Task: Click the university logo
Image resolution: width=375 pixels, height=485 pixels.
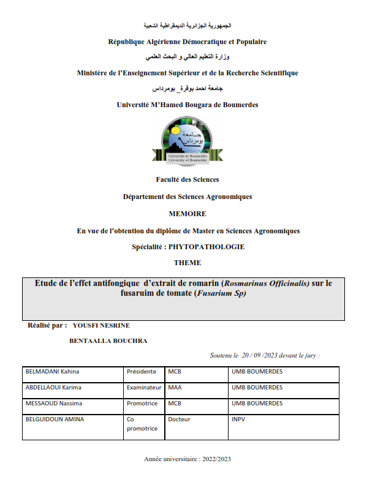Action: click(x=187, y=140)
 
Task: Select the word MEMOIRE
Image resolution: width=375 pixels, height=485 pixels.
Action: click(x=187, y=214)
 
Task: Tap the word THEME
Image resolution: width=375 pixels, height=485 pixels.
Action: click(x=187, y=263)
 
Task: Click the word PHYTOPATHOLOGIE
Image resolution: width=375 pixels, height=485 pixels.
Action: click(x=210, y=247)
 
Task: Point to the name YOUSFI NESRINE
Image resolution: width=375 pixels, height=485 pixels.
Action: click(x=101, y=325)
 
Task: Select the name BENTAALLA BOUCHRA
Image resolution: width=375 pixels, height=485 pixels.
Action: click(x=110, y=341)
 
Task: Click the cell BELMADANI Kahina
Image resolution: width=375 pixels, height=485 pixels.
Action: click(x=52, y=372)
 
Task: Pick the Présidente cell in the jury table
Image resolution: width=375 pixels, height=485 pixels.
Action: click(x=142, y=372)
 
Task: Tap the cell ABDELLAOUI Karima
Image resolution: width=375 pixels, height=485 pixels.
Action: click(x=53, y=388)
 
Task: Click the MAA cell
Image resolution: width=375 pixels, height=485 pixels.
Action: click(x=175, y=388)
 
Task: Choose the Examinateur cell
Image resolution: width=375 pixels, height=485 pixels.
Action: click(x=144, y=388)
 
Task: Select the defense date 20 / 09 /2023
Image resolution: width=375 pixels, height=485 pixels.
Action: click(x=265, y=355)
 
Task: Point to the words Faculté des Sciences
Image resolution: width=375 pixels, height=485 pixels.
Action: click(x=187, y=179)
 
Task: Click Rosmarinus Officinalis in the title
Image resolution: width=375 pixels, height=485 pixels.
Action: click(x=267, y=283)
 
